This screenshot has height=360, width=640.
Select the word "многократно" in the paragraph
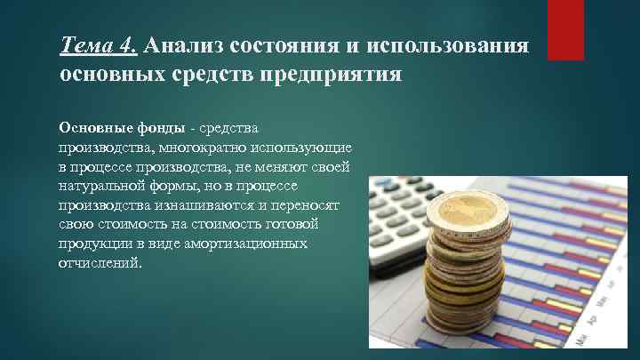(x=187, y=148)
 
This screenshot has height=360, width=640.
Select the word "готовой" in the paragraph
(x=307, y=226)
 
